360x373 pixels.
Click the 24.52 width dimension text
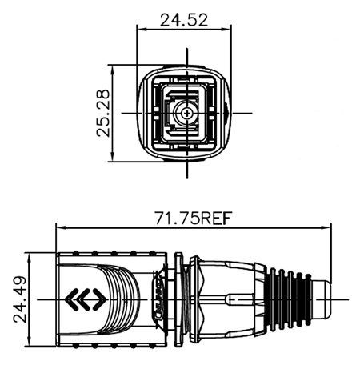(x=186, y=20)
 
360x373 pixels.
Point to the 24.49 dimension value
(x=19, y=300)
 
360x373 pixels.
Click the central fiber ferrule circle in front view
(x=186, y=114)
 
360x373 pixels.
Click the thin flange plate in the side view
(x=176, y=300)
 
